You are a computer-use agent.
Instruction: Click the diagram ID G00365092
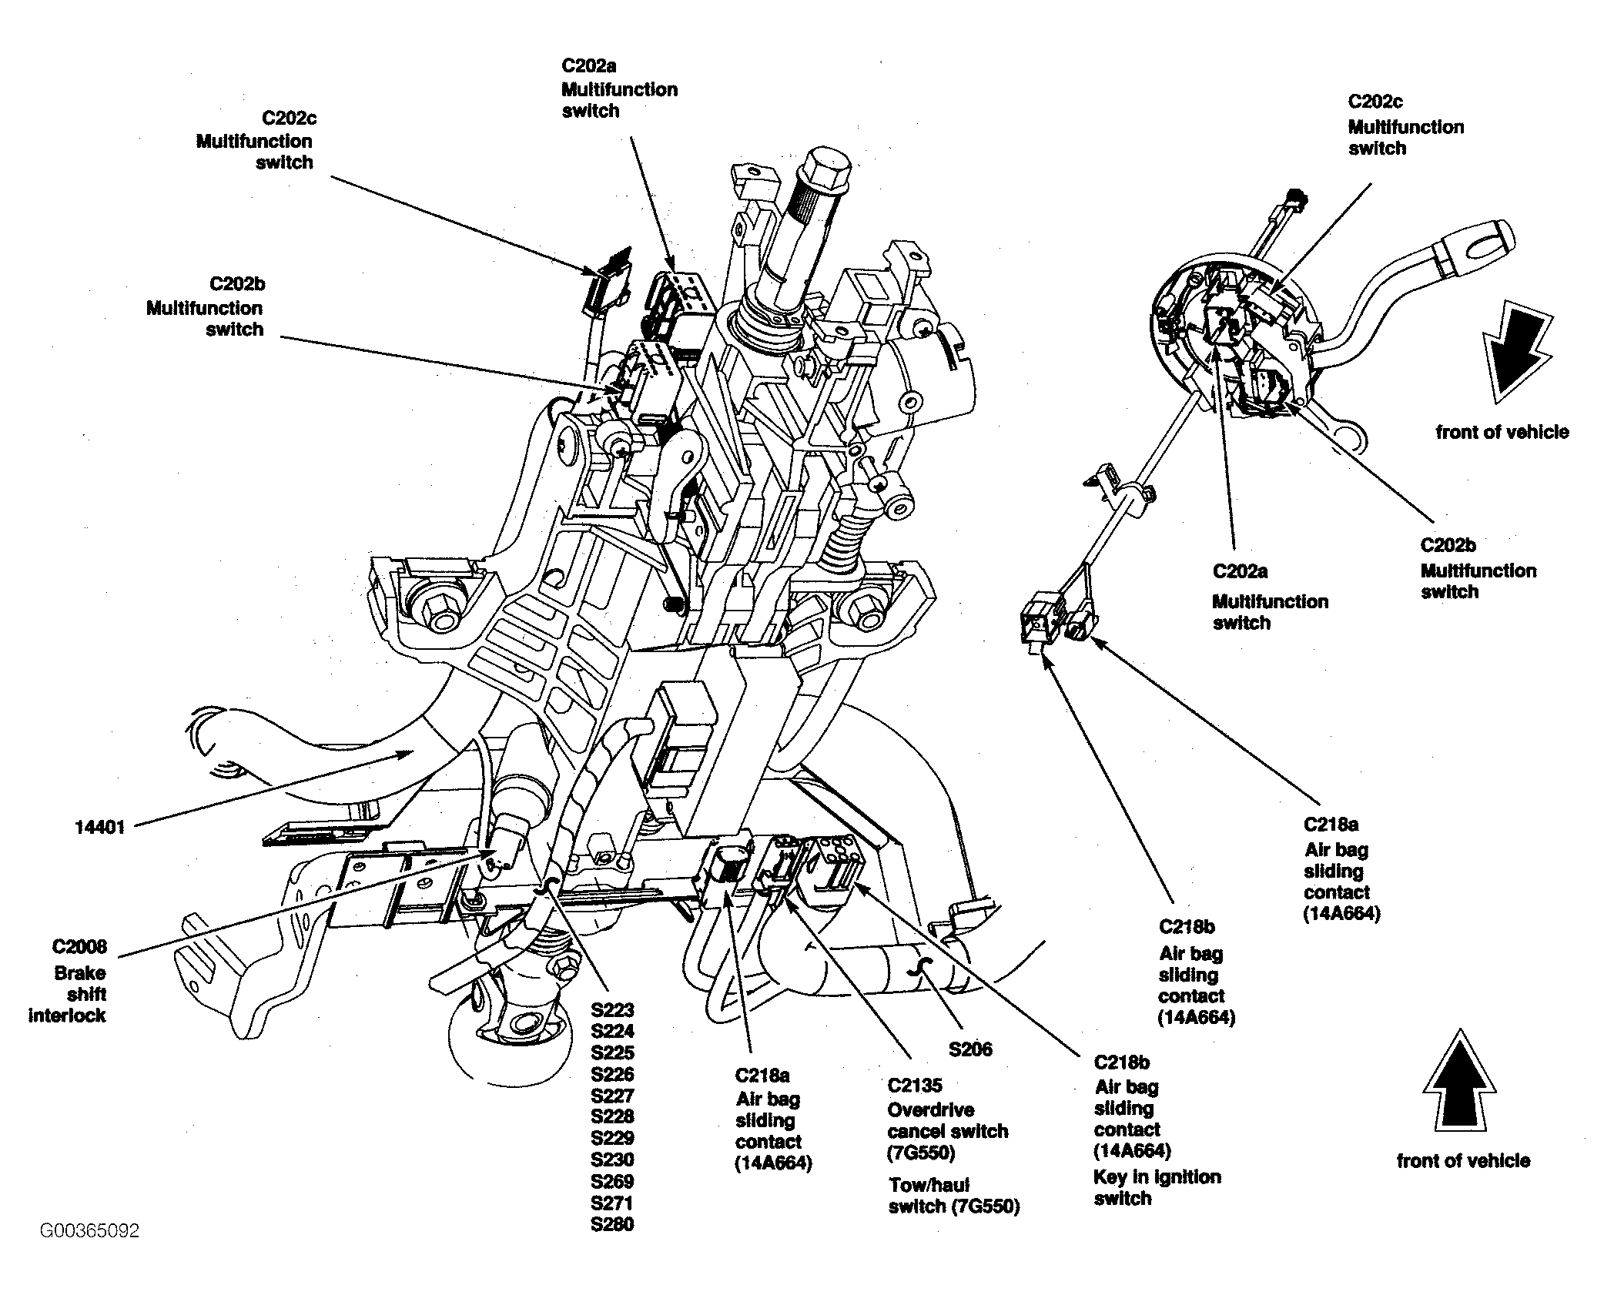[x=90, y=1231]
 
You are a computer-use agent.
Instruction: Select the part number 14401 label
[x=100, y=828]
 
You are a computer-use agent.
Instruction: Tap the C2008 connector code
[x=80, y=947]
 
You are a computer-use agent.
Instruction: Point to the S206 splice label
[x=971, y=1049]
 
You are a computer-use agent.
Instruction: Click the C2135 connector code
[x=915, y=1086]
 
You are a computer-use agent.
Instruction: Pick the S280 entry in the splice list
[x=613, y=1224]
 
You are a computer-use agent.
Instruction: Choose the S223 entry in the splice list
[x=613, y=1010]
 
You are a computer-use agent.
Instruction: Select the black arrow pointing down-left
[x=1515, y=354]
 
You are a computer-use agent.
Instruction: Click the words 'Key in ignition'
[x=1157, y=1177]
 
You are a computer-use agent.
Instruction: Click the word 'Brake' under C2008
[x=80, y=973]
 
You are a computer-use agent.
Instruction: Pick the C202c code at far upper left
[x=289, y=119]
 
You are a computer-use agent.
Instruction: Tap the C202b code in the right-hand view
[x=1448, y=545]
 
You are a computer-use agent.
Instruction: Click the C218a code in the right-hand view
[x=1331, y=825]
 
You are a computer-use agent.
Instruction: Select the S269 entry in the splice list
[x=613, y=1181]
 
